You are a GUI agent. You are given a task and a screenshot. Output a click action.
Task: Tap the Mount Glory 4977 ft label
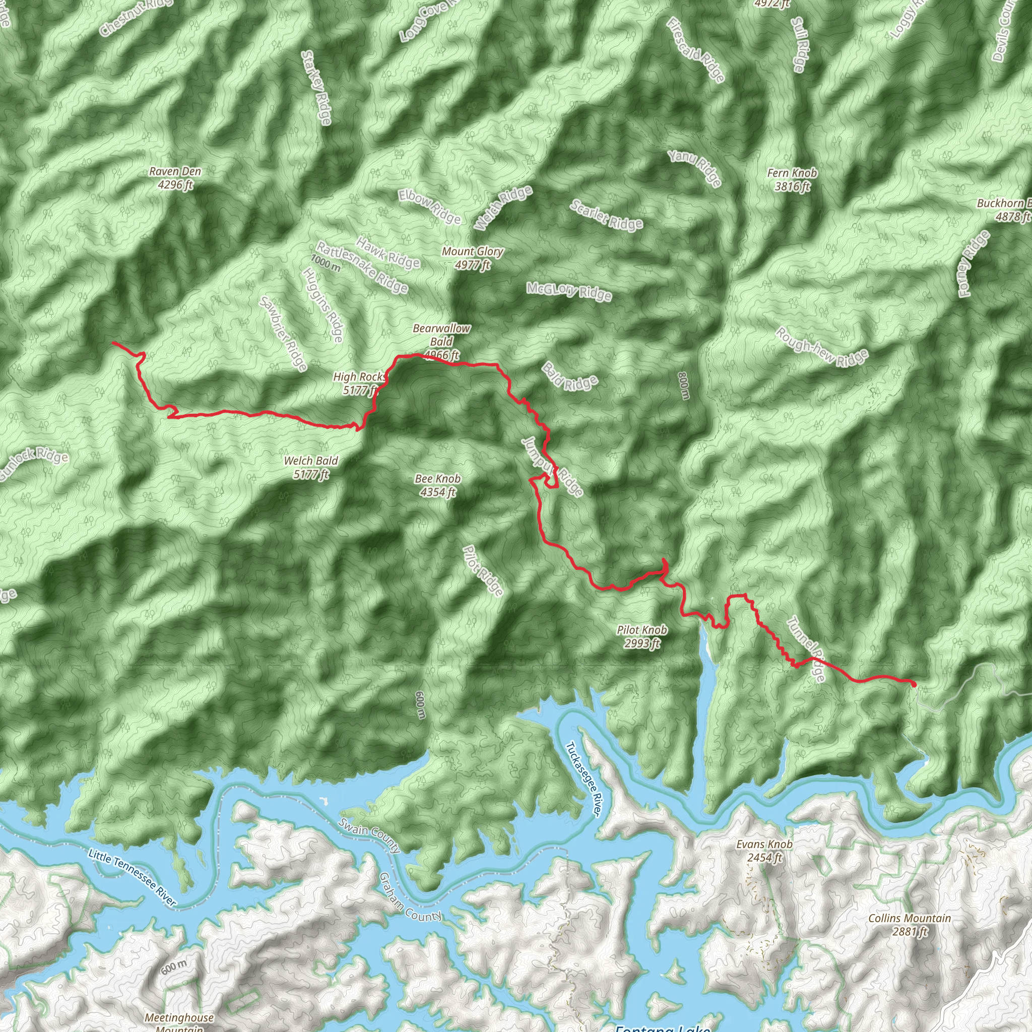tap(472, 257)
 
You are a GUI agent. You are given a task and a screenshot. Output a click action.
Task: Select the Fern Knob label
tap(792, 179)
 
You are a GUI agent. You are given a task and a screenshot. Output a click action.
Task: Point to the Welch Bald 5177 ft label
tap(311, 467)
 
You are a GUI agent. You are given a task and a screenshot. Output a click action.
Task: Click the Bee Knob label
tap(437, 485)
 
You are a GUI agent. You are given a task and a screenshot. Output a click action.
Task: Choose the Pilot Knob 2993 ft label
tap(641, 637)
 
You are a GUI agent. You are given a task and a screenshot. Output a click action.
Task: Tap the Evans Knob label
tap(764, 851)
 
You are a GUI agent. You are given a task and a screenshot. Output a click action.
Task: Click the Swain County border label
tap(368, 835)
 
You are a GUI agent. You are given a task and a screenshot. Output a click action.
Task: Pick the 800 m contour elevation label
tap(684, 385)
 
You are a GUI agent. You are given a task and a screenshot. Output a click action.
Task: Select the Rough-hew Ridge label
tap(822, 348)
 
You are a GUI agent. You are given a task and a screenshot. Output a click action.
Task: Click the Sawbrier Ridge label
tap(283, 333)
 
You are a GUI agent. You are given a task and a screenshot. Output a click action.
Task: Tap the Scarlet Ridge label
tap(606, 215)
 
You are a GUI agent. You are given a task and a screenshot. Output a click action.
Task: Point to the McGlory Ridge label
tap(569, 291)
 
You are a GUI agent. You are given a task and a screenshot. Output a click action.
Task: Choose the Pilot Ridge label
tap(483, 570)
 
